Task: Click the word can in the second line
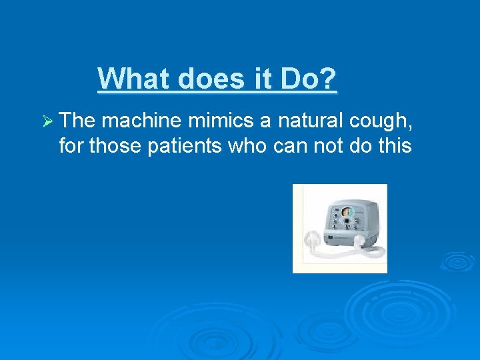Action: click(291, 145)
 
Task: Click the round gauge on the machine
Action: click(346, 212)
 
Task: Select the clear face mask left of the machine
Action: click(313, 238)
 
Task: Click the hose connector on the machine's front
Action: click(359, 239)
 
